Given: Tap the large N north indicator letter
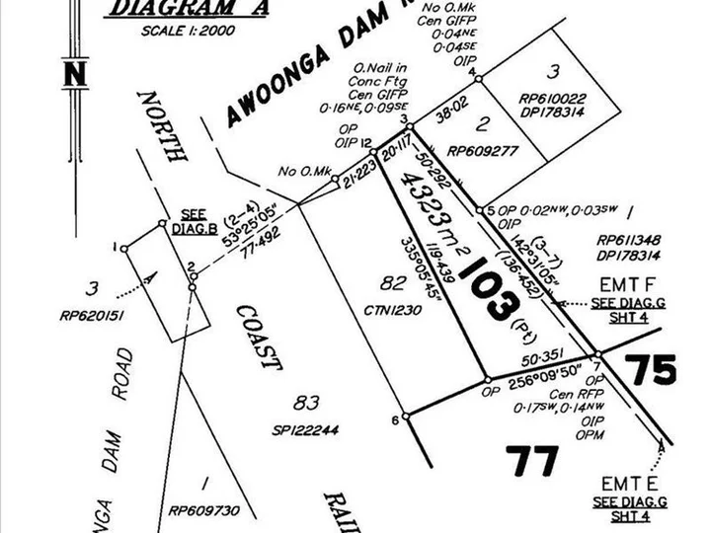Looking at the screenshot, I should [x=73, y=75].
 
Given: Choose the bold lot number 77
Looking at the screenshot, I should [x=532, y=461].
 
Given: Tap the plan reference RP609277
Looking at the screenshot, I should [x=483, y=152].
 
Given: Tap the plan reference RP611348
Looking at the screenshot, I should [x=629, y=239].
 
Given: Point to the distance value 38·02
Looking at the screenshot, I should [x=445, y=114].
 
